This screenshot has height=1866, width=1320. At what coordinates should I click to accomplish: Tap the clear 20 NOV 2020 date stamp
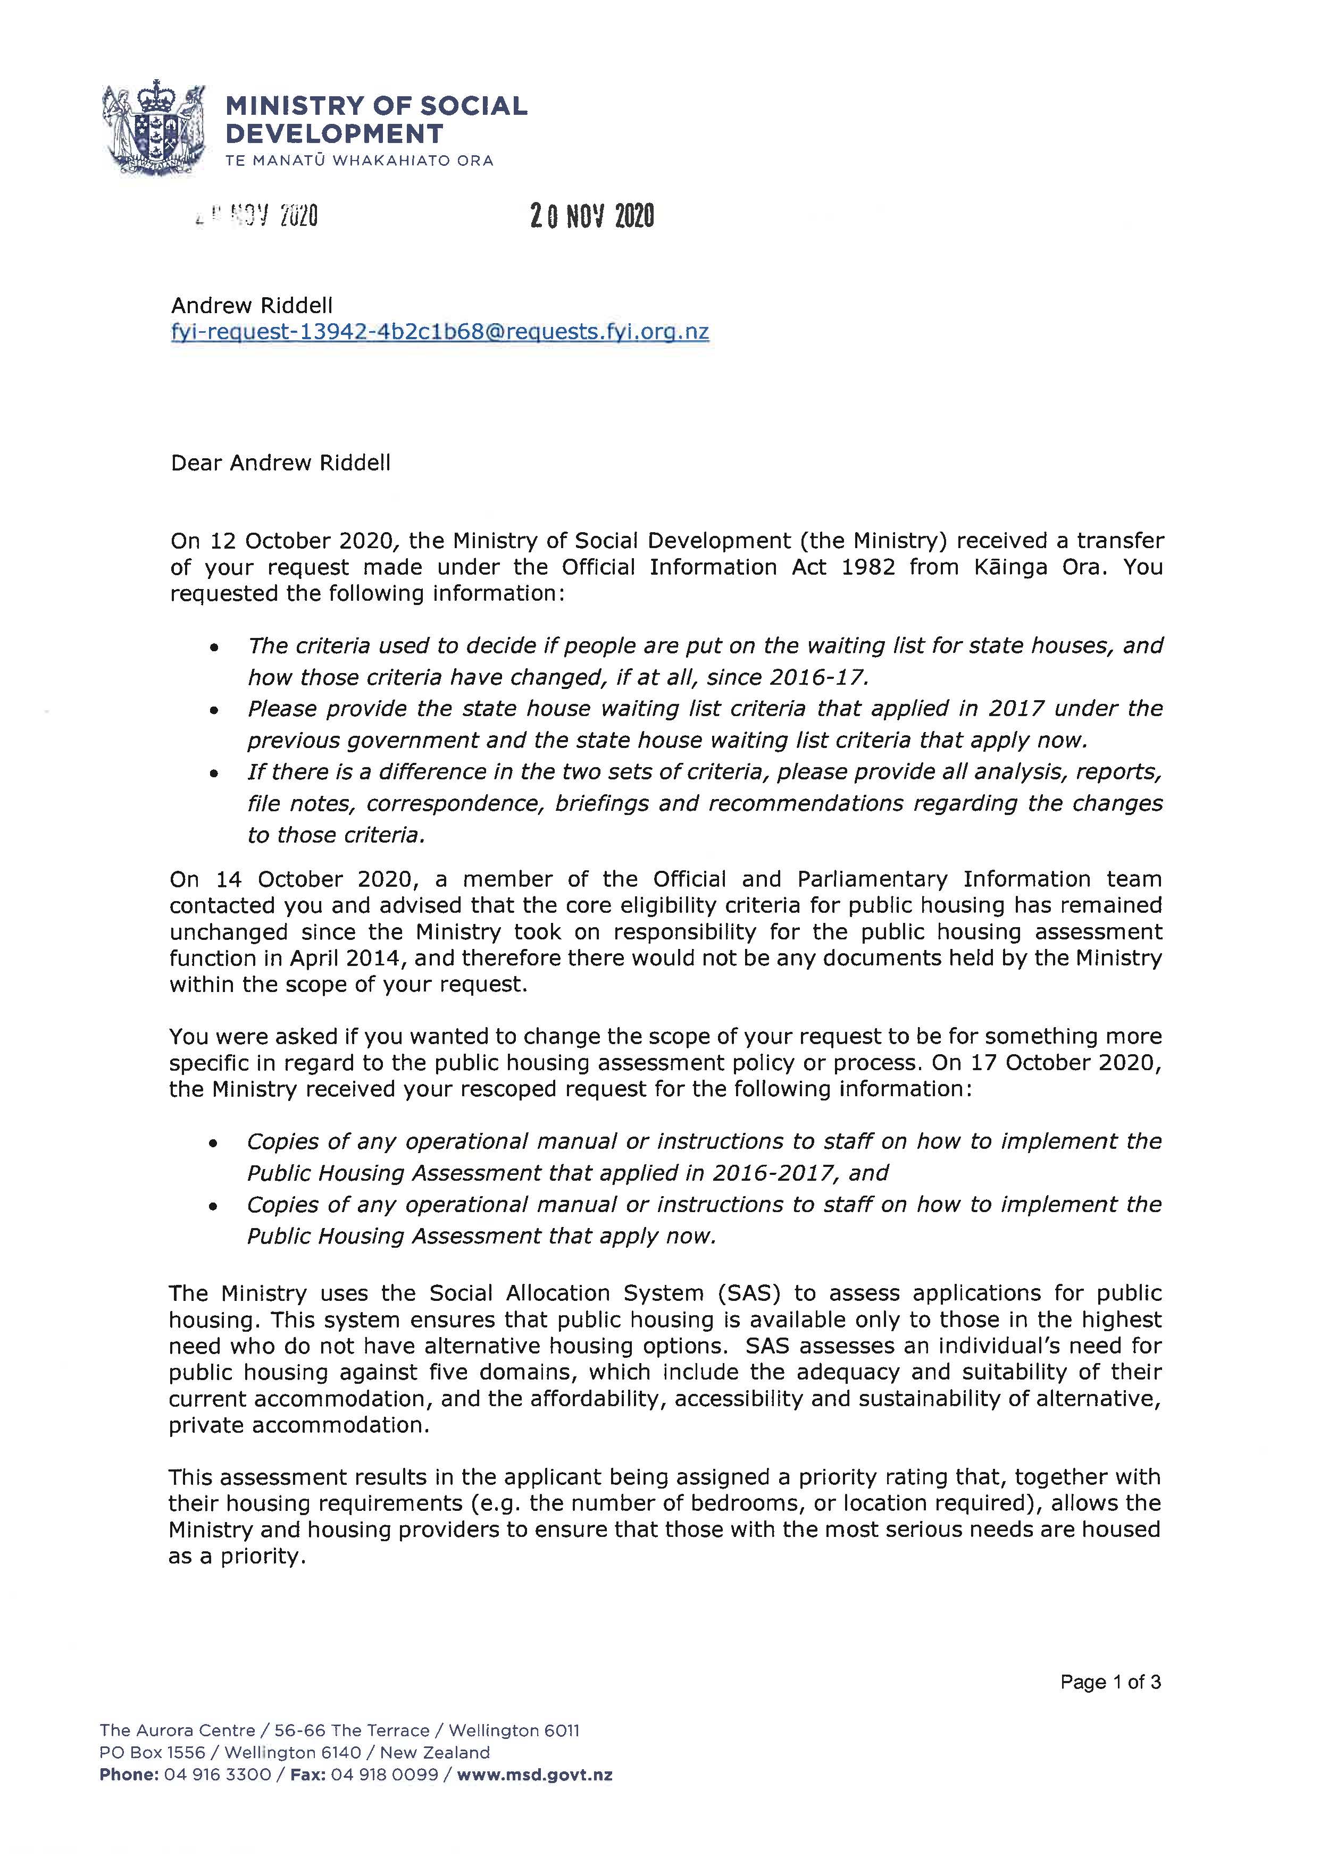point(592,216)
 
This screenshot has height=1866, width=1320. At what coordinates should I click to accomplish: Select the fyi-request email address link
point(440,332)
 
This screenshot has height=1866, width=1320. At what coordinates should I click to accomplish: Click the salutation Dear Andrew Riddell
point(280,463)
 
